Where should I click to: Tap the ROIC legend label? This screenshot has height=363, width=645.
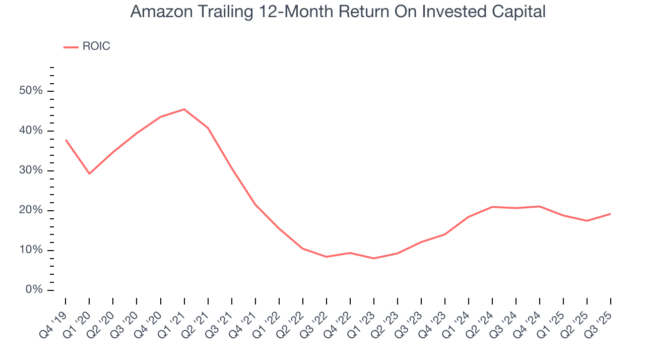[96, 46]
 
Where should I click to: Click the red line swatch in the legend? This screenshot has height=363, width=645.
[71, 47]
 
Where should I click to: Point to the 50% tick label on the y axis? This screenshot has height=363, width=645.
[31, 91]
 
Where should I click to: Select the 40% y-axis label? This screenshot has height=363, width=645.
[31, 131]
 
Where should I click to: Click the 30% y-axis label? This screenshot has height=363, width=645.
[31, 170]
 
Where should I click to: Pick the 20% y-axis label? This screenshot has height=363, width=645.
[31, 210]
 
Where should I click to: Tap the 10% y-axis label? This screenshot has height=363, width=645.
[31, 250]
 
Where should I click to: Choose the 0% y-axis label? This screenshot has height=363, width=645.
[33, 290]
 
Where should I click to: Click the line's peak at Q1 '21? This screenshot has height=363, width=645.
[184, 109]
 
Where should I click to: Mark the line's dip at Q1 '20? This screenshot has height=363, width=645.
[89, 173]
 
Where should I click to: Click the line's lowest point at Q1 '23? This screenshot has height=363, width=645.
[373, 258]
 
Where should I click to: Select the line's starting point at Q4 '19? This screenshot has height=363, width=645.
[66, 140]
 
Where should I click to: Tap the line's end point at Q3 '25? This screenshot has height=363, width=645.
[610, 214]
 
